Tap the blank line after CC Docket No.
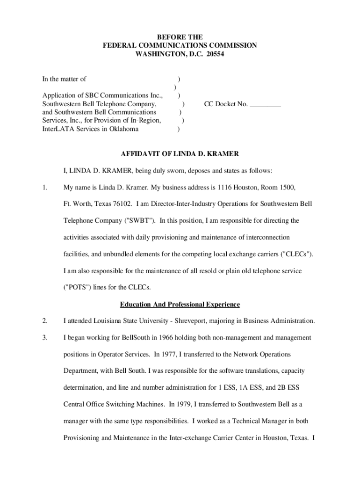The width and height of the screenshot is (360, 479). [265, 104]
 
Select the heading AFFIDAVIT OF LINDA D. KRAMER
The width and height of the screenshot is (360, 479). [180, 154]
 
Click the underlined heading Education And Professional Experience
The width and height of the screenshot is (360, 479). [180, 305]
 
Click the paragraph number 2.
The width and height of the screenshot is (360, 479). [45, 321]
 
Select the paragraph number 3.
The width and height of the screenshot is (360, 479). [45, 337]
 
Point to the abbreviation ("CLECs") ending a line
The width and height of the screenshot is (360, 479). [296, 254]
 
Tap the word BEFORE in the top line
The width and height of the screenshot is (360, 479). [173, 37]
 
